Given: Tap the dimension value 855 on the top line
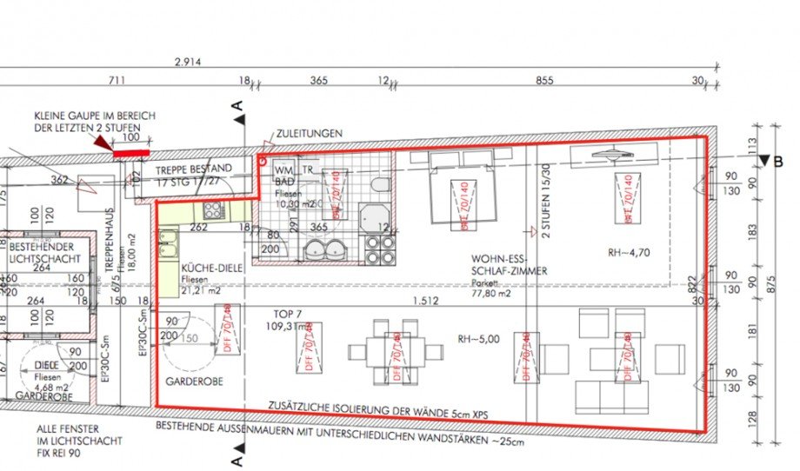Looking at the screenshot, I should (x=544, y=81).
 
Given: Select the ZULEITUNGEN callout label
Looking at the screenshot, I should (x=309, y=134).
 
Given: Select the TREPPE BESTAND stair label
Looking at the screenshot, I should (x=193, y=168).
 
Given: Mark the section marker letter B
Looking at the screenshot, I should (x=779, y=161).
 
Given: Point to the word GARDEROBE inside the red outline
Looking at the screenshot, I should (x=190, y=381).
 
